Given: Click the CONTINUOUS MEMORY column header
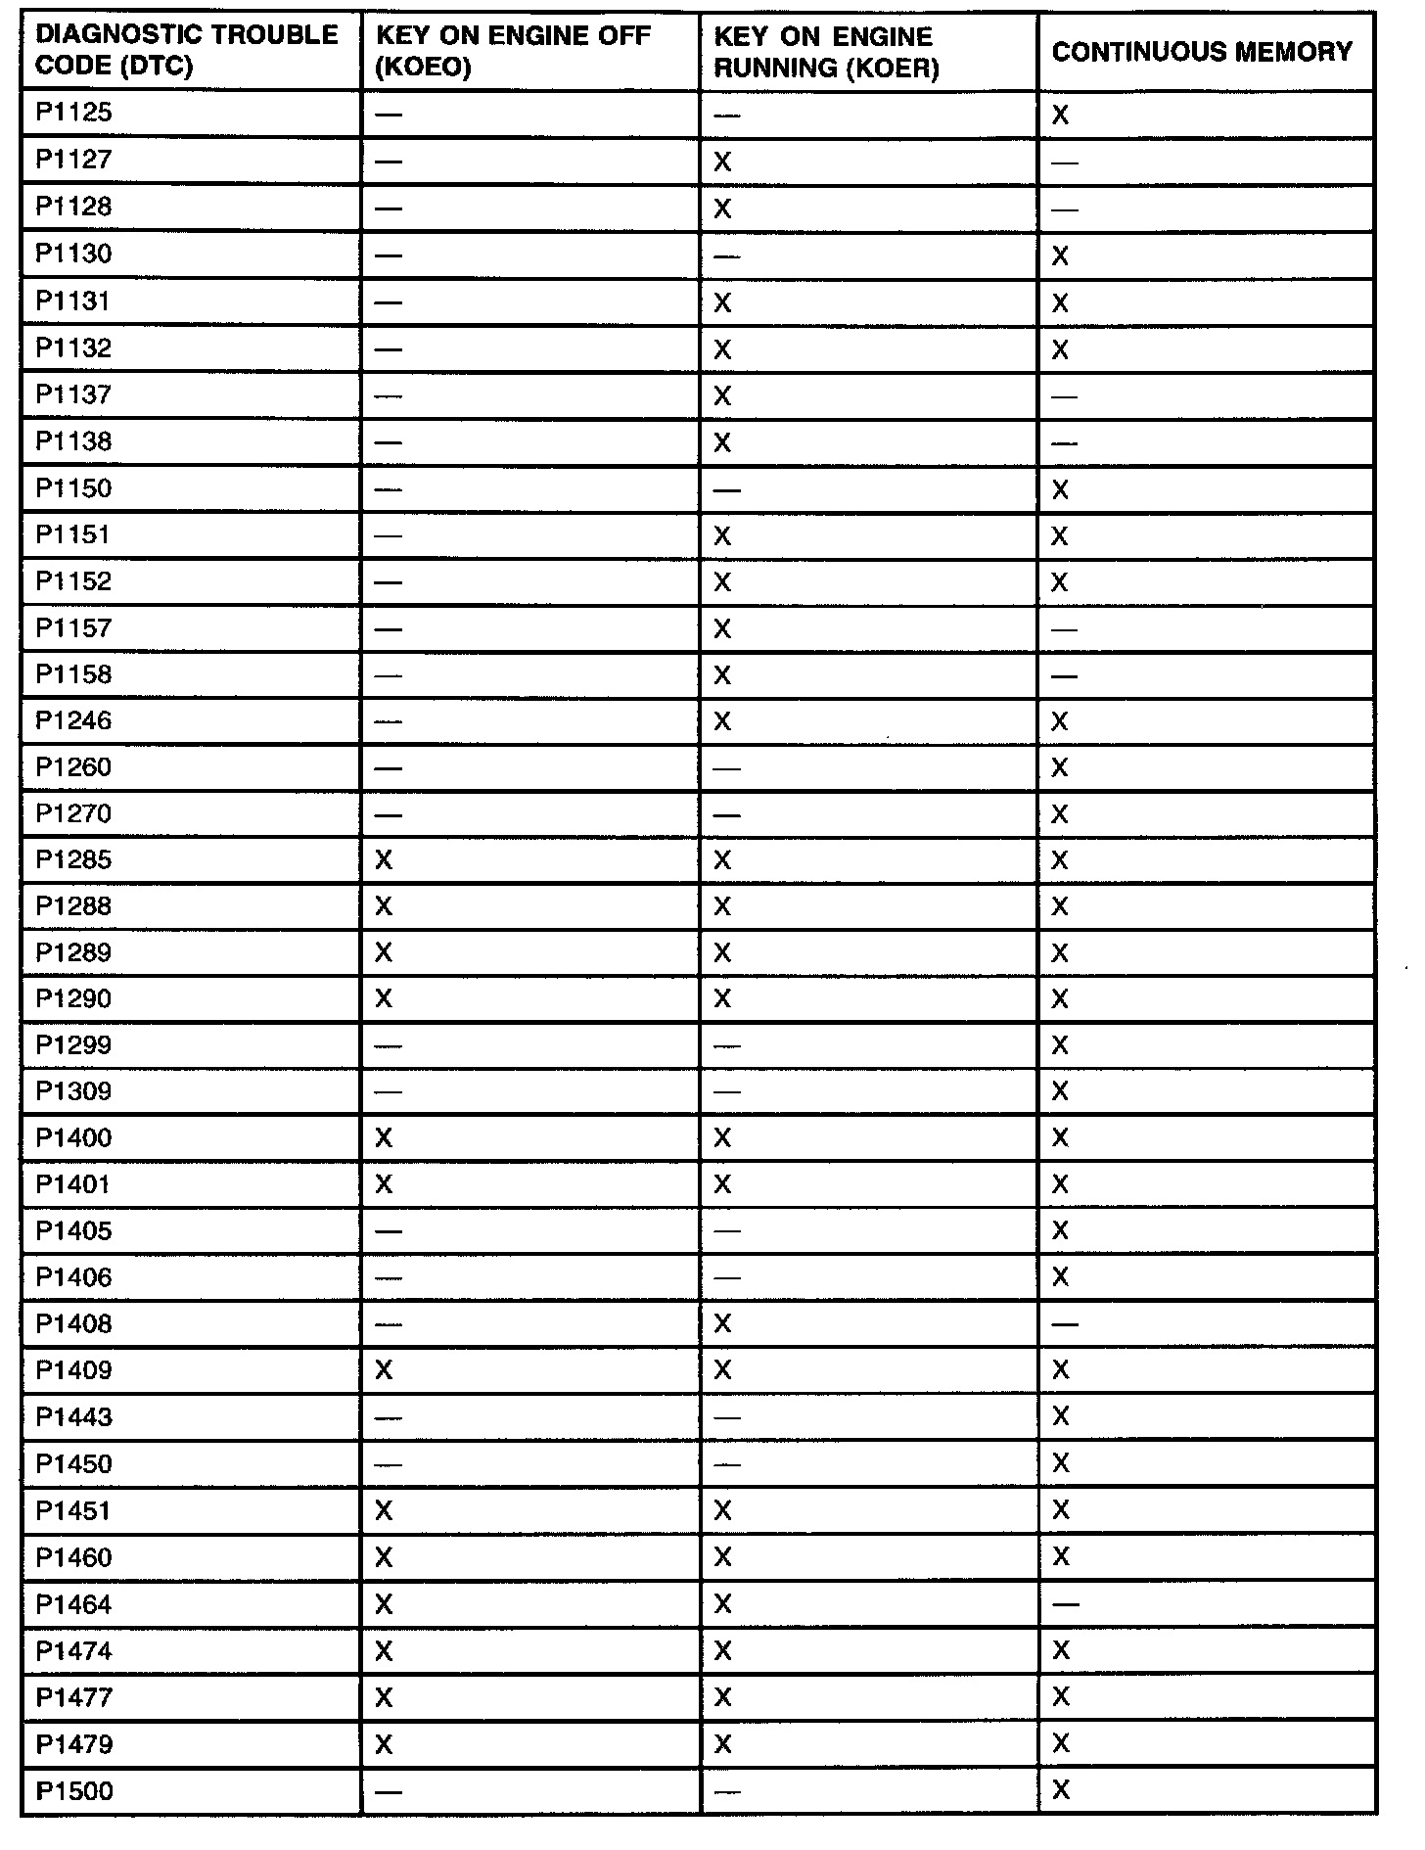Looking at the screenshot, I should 1202,51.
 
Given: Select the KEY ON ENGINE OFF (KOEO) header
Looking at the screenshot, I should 513,51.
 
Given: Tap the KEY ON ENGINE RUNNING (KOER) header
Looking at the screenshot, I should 825,52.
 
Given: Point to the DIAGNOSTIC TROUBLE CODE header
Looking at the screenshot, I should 186,51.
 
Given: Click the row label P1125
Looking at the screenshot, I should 74,113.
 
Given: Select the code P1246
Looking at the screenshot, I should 74,721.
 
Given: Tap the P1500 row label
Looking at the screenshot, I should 74,1791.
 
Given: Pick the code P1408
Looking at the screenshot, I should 74,1324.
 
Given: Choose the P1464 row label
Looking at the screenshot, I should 74,1604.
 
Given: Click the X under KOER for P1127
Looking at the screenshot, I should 722,162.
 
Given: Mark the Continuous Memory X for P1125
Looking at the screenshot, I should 1060,116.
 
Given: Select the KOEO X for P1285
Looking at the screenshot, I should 384,860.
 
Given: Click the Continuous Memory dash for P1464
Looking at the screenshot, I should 1065,1604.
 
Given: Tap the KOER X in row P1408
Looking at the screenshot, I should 722,1324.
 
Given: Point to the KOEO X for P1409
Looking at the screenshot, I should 384,1370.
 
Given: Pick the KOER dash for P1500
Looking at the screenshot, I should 726,1791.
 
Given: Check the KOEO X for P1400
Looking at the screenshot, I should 384,1137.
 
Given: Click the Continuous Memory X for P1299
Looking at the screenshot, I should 1060,1045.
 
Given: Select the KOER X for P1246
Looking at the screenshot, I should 722,721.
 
